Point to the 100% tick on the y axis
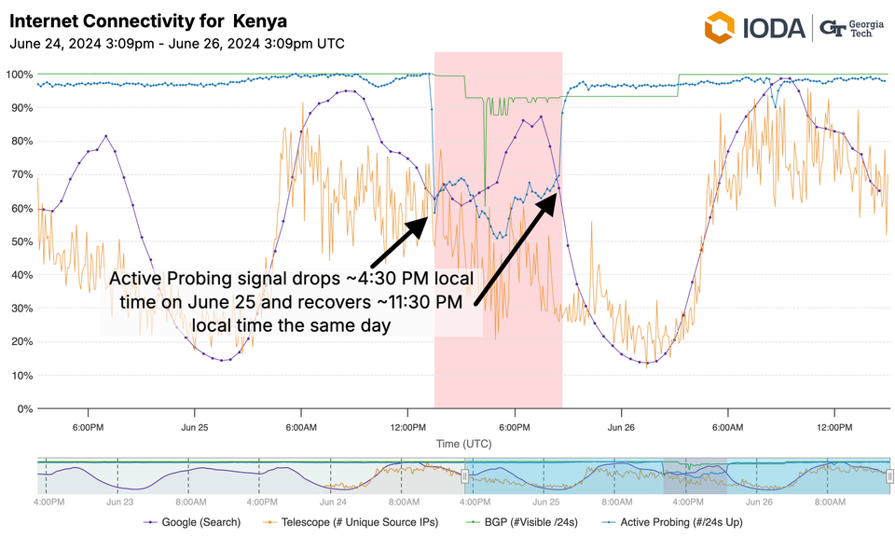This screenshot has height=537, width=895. (x=20, y=75)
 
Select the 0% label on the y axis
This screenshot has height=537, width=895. (x=25, y=408)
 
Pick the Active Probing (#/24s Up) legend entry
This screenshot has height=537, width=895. (x=681, y=522)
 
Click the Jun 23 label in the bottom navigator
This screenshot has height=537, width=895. (x=119, y=501)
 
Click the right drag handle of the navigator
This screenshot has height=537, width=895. (x=889, y=476)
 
